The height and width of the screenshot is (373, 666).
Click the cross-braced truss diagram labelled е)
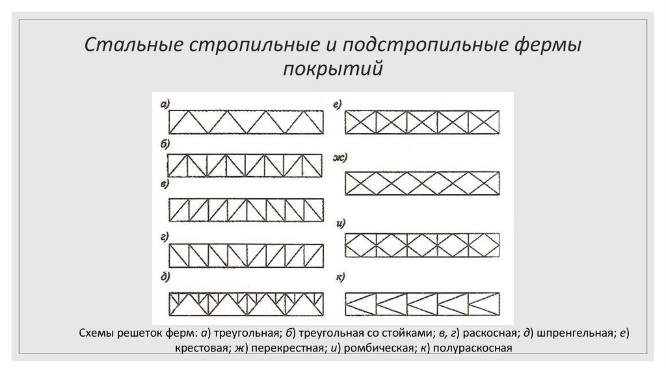click(421, 122)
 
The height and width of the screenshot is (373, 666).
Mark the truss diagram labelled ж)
click(421, 183)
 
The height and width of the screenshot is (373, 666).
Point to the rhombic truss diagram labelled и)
click(421, 245)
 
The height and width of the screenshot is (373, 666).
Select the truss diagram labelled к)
click(421, 303)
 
